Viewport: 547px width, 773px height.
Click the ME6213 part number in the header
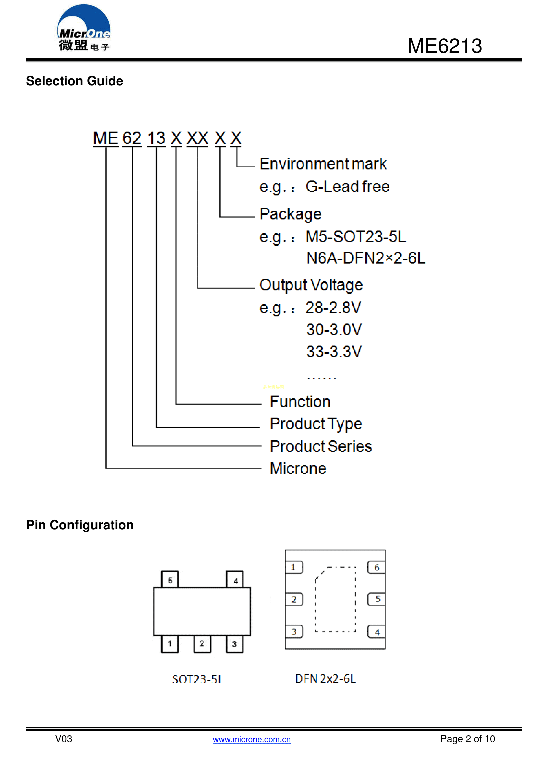point(445,46)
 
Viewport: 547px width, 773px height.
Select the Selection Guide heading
point(75,81)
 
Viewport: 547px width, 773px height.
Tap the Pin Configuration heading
point(80,525)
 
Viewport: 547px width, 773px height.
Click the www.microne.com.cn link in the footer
point(252,739)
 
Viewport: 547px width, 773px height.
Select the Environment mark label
point(323,164)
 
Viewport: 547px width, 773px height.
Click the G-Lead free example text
point(347,186)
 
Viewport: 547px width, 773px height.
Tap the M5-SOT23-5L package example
point(356,237)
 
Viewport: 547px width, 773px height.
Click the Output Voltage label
point(311,285)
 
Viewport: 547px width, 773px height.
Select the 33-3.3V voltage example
point(334,351)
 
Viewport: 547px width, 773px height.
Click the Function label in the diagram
point(300,402)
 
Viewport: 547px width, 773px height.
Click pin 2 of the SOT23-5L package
point(202,644)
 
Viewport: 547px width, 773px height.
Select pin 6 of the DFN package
point(377,567)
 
